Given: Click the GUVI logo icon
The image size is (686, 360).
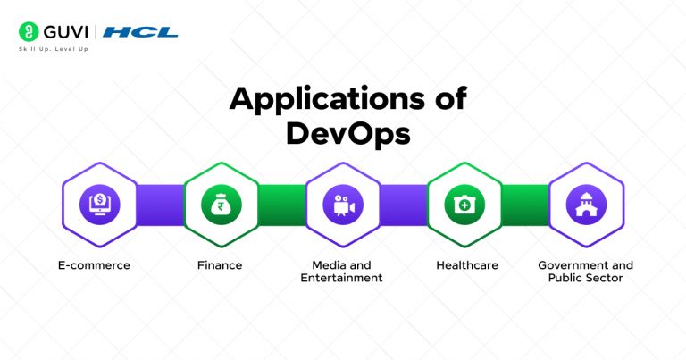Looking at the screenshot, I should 27,31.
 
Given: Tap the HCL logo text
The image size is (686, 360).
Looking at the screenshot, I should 140,32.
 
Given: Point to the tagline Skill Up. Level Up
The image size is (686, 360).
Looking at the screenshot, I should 54,49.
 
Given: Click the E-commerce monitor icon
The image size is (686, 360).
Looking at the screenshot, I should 99,205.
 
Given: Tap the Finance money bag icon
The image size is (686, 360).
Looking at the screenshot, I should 221,205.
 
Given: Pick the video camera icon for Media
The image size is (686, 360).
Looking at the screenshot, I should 342,205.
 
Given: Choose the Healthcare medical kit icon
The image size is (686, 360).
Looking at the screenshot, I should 464,205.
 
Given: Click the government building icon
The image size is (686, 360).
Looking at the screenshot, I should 586,205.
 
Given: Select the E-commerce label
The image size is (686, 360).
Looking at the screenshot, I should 100,265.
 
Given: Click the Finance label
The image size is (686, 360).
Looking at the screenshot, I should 220,265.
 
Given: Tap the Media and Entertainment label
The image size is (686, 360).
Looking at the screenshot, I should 343,272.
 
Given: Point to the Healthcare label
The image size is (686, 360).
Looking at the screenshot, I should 466,265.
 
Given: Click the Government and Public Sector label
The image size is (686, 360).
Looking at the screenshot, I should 586,272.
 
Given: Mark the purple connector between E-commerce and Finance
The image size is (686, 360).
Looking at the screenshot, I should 160,205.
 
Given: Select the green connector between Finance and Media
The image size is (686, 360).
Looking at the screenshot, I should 281,205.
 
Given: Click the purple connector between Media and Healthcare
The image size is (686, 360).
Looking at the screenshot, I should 404,205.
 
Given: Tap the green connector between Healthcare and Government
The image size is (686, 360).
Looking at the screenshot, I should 525,205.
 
